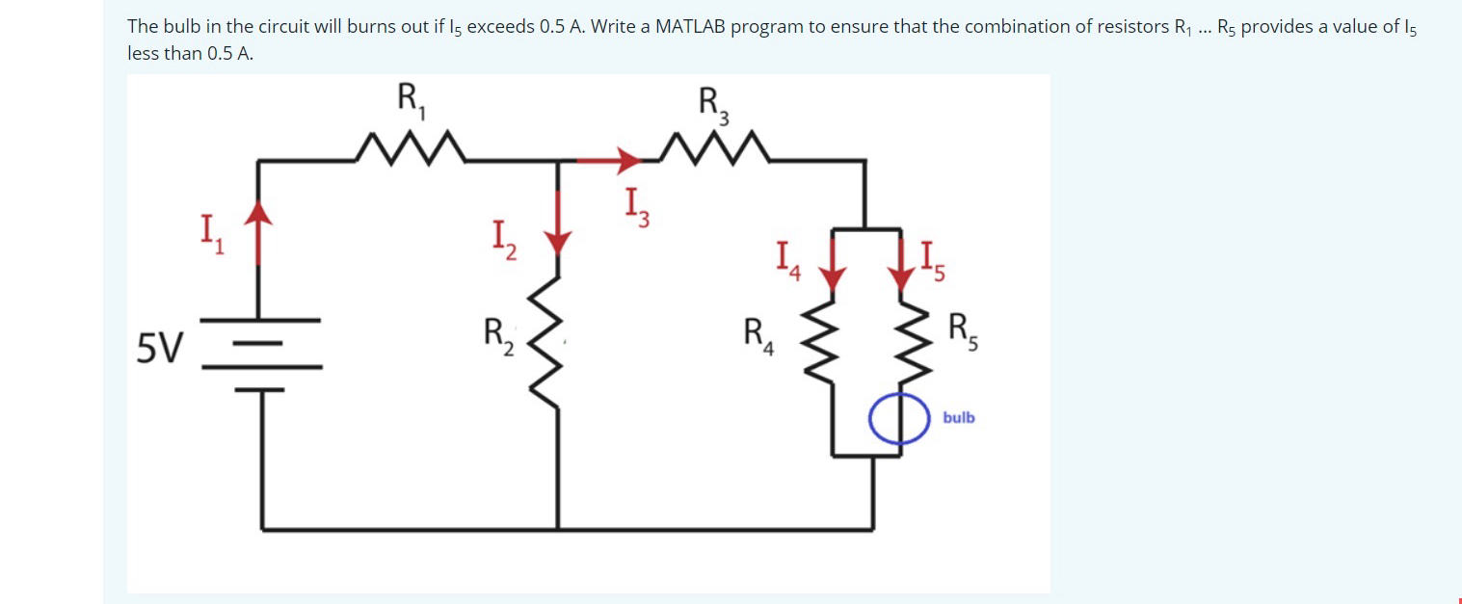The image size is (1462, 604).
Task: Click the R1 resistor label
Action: pos(408,99)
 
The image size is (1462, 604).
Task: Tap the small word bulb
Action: pos(958,417)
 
